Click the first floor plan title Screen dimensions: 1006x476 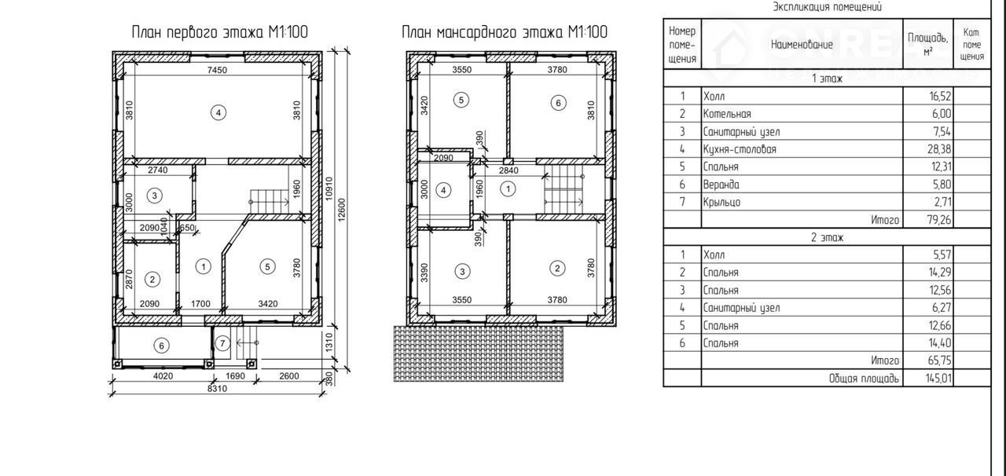click(x=219, y=32)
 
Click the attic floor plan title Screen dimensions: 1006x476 click(x=505, y=32)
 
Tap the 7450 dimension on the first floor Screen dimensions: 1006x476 click(x=217, y=70)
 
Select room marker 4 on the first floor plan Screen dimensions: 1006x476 click(x=218, y=112)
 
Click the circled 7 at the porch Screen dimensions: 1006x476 click(x=222, y=344)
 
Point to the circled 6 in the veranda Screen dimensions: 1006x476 click(x=161, y=346)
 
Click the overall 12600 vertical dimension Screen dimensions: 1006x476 click(x=342, y=210)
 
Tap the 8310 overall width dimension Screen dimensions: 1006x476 click(x=217, y=389)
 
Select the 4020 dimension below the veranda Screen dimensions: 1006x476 click(x=163, y=376)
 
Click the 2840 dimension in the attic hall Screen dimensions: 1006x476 click(x=509, y=170)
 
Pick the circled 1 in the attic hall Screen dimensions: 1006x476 click(x=508, y=189)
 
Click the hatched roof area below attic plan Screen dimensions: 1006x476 click(x=479, y=353)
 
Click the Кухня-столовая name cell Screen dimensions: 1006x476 click(x=740, y=149)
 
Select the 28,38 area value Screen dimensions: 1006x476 click(x=939, y=149)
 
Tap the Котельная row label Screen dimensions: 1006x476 click(x=727, y=114)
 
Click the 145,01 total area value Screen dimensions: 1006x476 click(x=938, y=378)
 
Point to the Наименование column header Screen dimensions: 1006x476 click(x=802, y=45)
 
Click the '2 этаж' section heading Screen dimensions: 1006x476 click(x=828, y=237)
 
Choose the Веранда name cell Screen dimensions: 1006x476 click(x=721, y=184)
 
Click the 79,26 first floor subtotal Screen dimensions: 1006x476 click(x=939, y=220)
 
